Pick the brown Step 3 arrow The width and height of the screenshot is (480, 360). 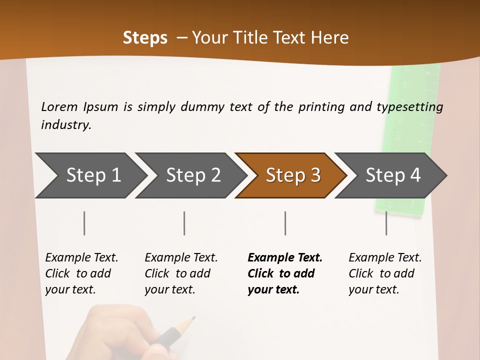[291, 175]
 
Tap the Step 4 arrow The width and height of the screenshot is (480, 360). [391, 175]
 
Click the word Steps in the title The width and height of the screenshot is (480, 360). [145, 37]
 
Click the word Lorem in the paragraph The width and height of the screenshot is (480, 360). [59, 106]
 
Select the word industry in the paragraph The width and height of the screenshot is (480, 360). [65, 124]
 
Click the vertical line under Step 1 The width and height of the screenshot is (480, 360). [84, 223]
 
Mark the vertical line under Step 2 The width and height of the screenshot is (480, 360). [184, 223]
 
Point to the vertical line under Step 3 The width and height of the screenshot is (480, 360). [285, 223]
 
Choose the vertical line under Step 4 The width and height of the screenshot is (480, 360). [386, 223]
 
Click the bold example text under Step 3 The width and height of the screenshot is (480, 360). [284, 273]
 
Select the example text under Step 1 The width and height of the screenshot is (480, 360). [81, 273]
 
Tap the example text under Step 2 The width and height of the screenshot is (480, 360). [181, 273]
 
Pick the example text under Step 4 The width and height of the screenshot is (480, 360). [385, 273]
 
